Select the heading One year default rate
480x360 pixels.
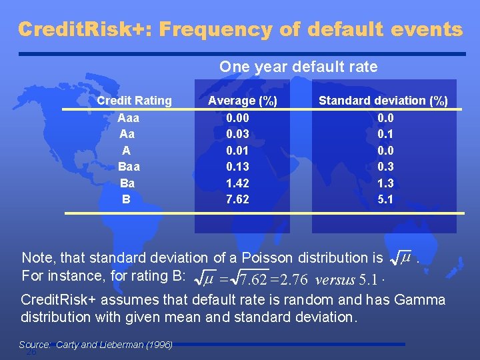[298, 67]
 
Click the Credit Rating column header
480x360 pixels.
[134, 101]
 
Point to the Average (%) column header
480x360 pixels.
[243, 101]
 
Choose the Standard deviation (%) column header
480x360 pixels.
[383, 101]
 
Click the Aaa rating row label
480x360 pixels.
[128, 117]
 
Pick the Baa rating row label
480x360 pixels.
[128, 166]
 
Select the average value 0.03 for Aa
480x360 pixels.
[238, 133]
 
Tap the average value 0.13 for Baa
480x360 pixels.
[238, 166]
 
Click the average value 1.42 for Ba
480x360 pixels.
[238, 182]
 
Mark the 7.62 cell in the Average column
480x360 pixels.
[238, 199]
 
